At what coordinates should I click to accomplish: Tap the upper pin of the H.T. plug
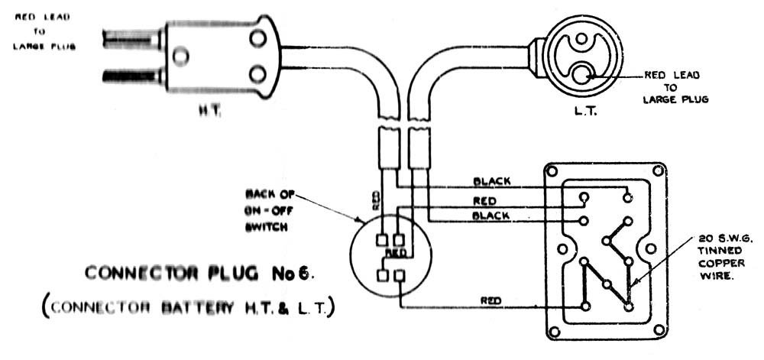pyautogui.click(x=133, y=36)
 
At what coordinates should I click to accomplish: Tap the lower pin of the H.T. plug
pyautogui.click(x=133, y=76)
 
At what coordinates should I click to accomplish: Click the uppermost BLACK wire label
pyautogui.click(x=492, y=182)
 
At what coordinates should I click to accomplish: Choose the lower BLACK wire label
pyautogui.click(x=492, y=216)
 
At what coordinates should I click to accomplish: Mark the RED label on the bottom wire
pyautogui.click(x=491, y=301)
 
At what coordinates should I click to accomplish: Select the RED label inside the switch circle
pyautogui.click(x=395, y=253)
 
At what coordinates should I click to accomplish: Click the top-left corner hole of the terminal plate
pyautogui.click(x=555, y=172)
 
